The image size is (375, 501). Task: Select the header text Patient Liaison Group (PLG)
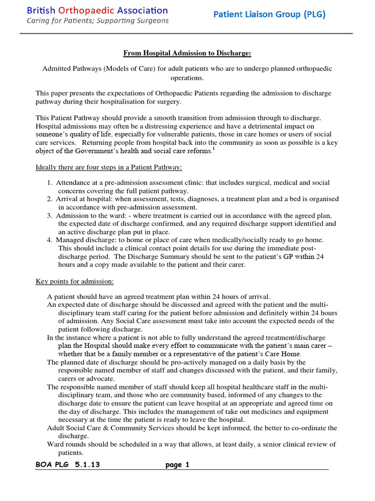269,15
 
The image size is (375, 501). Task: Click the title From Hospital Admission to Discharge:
187,53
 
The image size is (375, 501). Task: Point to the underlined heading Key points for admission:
75,281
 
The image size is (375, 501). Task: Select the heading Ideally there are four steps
109,168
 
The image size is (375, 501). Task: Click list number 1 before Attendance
50,183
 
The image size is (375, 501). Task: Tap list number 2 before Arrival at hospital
50,199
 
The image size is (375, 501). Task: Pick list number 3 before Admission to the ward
50,216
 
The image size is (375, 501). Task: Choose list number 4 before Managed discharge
50,240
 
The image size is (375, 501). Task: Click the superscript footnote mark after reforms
213,149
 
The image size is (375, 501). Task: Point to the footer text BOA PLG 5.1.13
68,465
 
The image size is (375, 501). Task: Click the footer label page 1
177,465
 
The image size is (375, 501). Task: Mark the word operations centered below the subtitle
187,77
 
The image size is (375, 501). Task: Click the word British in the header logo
42,10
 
